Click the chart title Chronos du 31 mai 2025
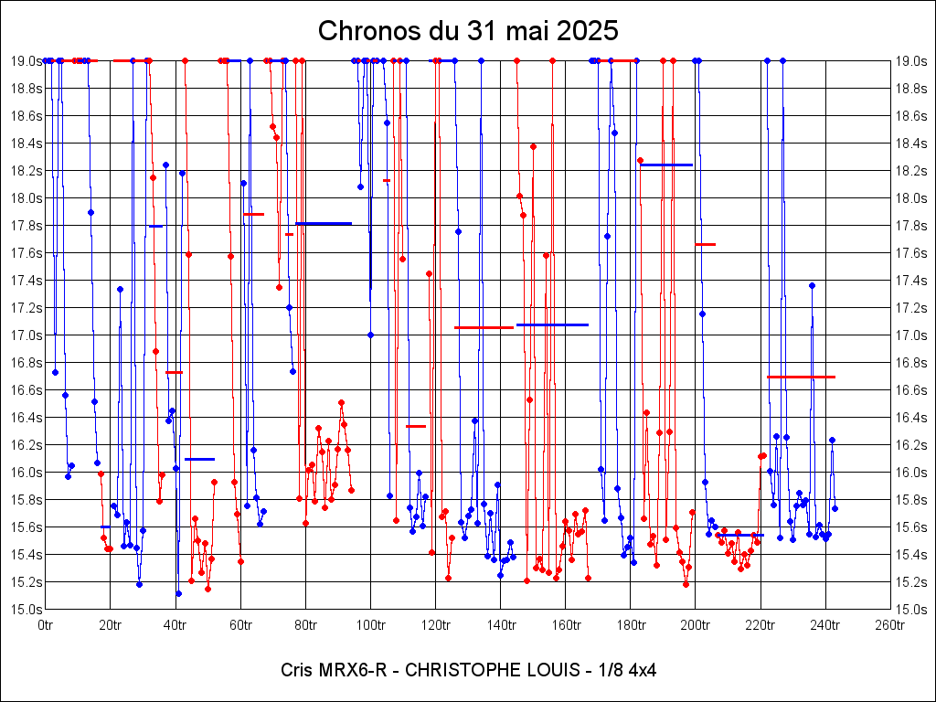point(468,30)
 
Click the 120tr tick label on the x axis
point(436,625)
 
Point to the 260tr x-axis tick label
point(891,625)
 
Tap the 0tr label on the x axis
point(46,625)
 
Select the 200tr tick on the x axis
point(696,625)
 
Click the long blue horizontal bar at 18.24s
point(665,165)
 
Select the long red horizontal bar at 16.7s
point(801,377)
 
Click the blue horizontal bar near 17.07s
point(552,324)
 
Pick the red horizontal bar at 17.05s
point(484,327)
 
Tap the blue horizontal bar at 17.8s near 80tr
point(324,223)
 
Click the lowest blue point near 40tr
point(178,593)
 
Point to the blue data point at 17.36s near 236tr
point(812,285)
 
